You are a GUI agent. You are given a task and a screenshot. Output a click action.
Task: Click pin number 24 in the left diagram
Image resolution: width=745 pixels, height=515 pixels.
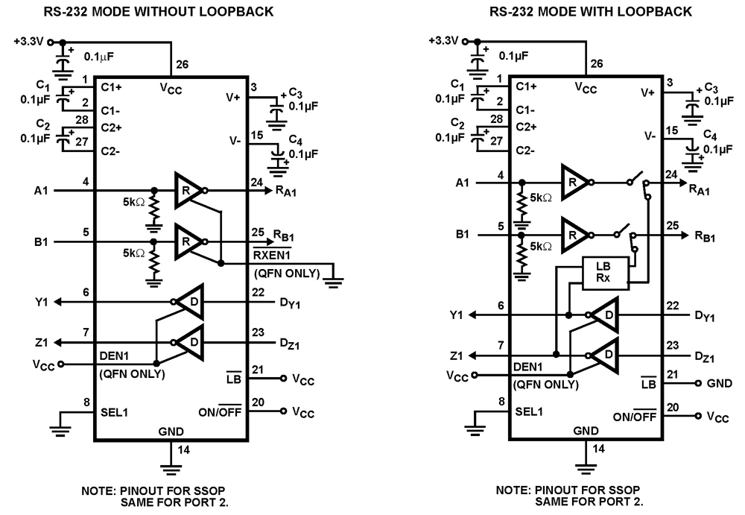(x=256, y=180)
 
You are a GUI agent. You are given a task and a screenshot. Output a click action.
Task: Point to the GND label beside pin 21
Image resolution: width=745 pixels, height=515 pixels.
(x=718, y=383)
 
